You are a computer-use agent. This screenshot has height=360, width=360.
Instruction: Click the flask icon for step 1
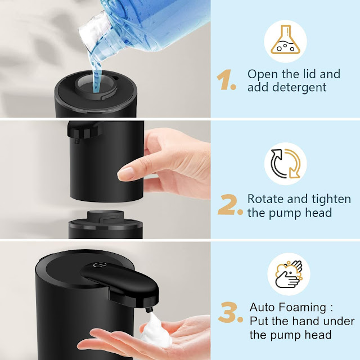tap(285, 39)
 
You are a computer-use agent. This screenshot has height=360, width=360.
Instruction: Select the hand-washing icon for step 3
tap(289, 274)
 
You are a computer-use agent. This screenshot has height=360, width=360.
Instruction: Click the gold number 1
tap(226, 79)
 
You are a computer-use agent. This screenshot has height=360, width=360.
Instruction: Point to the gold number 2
tap(230, 205)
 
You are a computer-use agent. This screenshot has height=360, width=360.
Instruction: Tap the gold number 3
tap(230, 312)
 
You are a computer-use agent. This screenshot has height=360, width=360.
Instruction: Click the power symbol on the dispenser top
tap(96, 265)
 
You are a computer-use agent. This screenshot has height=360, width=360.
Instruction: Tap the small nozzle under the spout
tap(148, 309)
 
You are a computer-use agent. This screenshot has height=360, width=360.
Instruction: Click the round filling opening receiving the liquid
tap(96, 84)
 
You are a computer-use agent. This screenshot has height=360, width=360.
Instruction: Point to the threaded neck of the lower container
tap(106, 215)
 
